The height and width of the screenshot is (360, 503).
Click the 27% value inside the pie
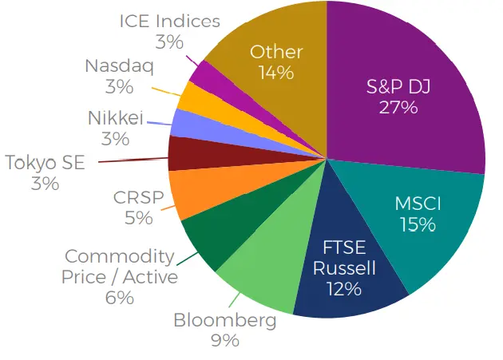click(398, 108)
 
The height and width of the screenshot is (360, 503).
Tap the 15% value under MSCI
click(418, 224)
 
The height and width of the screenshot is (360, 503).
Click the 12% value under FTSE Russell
click(344, 288)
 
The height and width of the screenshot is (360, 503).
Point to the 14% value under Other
click(276, 72)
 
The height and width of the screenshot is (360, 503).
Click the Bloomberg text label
click(225, 320)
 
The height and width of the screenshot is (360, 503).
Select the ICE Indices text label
click(170, 22)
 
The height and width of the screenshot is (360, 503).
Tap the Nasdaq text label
click(119, 66)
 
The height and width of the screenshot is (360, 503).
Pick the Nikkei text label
click(116, 118)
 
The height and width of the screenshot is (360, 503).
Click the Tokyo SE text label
click(46, 162)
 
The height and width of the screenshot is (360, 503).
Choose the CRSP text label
click(139, 197)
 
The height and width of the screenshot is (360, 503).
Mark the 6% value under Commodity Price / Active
click(120, 298)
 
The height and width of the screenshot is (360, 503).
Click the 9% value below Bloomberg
click(225, 340)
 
